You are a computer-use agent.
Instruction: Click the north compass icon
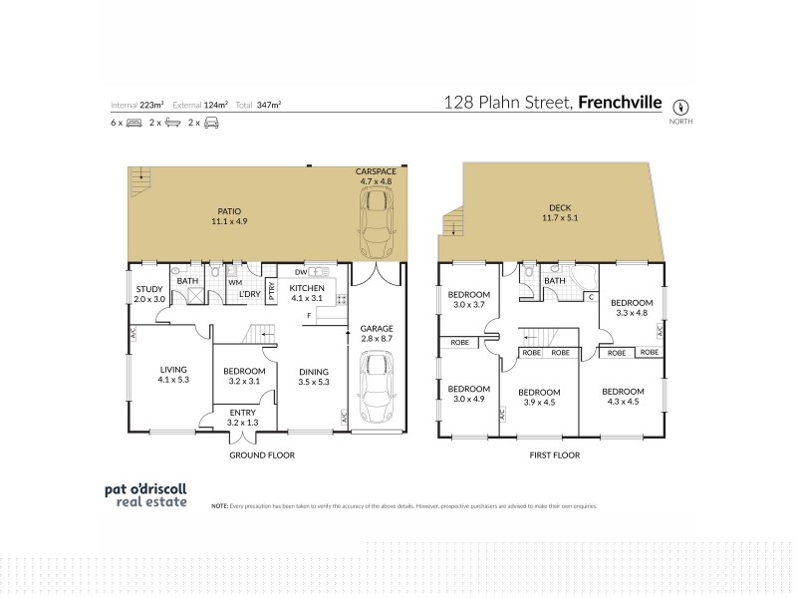pyautogui.click(x=682, y=107)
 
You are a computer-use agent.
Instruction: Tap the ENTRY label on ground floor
pyautogui.click(x=242, y=418)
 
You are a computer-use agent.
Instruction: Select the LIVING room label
pyautogui.click(x=174, y=374)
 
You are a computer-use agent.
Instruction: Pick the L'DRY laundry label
pyautogui.click(x=249, y=293)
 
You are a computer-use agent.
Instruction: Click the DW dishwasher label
pyautogui.click(x=300, y=271)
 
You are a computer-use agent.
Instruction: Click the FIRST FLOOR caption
pyautogui.click(x=555, y=454)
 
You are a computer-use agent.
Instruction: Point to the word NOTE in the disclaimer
pyautogui.click(x=220, y=506)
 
